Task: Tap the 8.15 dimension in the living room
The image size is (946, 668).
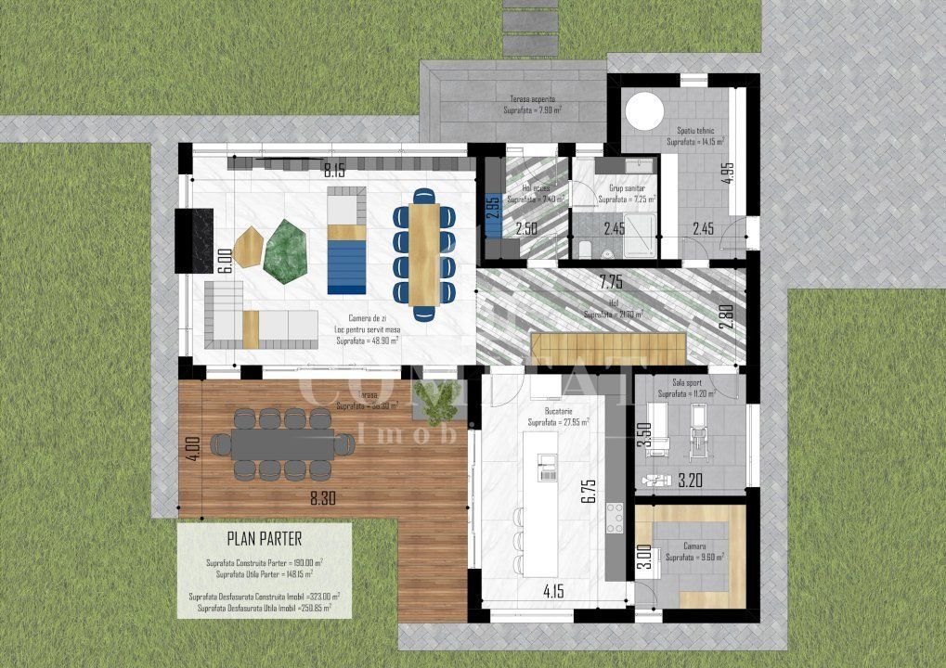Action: (334, 171)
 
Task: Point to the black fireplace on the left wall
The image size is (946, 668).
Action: (194, 240)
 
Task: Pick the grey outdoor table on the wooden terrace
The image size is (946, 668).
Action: (282, 445)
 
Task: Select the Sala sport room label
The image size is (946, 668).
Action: (692, 381)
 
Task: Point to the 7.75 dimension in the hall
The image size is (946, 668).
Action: (610, 280)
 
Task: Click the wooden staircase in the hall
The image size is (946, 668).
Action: (607, 348)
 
